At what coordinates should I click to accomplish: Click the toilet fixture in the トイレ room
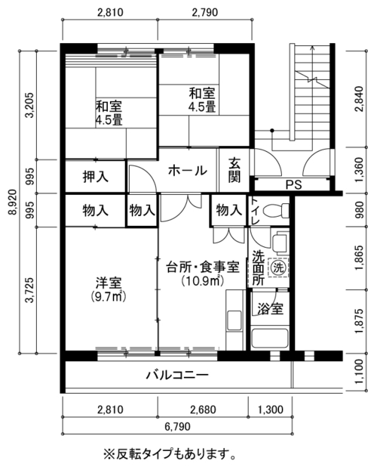click(276, 210)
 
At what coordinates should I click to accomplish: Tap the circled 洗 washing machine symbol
click(278, 267)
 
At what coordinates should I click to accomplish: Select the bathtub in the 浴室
click(270, 339)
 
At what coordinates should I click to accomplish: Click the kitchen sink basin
click(234, 320)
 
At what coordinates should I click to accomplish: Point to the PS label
click(294, 184)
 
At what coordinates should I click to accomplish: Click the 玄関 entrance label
click(234, 170)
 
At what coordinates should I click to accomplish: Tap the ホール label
click(187, 171)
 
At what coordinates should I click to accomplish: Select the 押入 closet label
click(96, 177)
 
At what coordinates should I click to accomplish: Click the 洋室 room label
click(109, 283)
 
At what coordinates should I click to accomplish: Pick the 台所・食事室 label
click(203, 267)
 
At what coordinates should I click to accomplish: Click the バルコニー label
click(177, 375)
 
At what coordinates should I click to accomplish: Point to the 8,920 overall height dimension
click(12, 202)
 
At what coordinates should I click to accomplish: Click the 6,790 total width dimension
click(177, 426)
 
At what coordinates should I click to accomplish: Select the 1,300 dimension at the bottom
click(271, 409)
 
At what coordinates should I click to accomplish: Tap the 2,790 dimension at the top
click(205, 12)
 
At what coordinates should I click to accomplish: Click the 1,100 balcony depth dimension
click(360, 372)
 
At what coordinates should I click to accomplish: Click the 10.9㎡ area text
click(203, 280)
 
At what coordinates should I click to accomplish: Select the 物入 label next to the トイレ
click(229, 210)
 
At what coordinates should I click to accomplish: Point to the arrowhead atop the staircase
click(312, 47)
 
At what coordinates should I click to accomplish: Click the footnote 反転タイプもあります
click(170, 454)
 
